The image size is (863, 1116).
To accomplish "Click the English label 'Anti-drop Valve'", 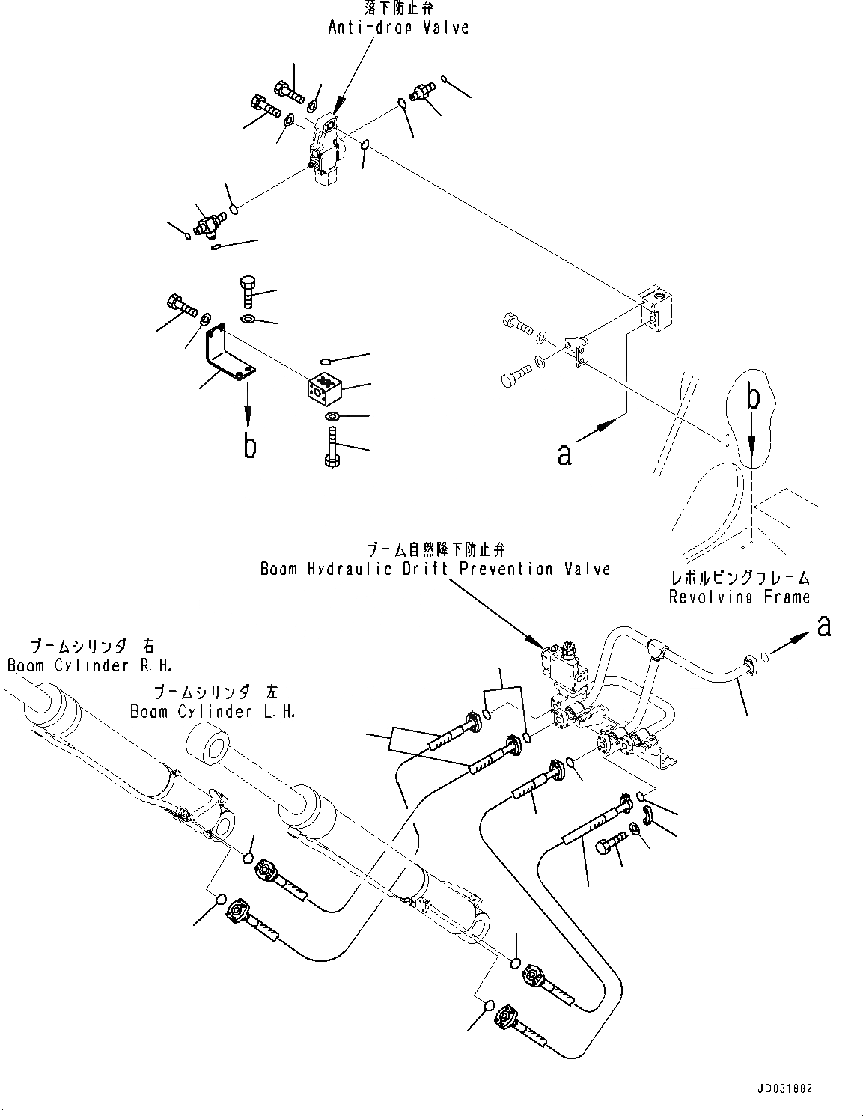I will point(398,27).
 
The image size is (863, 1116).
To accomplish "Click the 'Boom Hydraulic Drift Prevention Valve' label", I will point(435,569).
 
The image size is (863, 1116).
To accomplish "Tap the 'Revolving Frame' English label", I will point(740,597).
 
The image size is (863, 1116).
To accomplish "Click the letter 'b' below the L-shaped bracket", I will point(249,445).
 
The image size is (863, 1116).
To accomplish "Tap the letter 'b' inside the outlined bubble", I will point(754,398).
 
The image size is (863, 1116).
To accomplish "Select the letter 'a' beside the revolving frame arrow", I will point(565,453).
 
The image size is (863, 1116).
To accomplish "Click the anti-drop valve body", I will point(325,150).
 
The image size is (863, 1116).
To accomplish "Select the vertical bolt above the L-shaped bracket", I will point(249,290).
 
